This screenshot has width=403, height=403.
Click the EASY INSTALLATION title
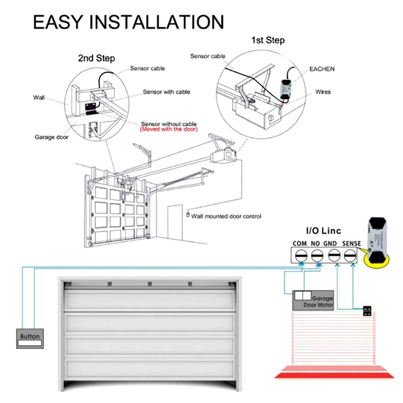pyautogui.click(x=128, y=23)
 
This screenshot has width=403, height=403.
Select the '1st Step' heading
pyautogui.click(x=267, y=40)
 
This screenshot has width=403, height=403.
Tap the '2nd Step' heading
pyautogui.click(x=96, y=58)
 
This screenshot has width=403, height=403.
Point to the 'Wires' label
pyautogui.click(x=323, y=92)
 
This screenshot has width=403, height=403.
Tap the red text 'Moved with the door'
pyautogui.click(x=169, y=129)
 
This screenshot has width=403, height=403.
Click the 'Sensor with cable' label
pyautogui.click(x=167, y=92)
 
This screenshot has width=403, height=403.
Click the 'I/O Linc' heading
pyautogui.click(x=324, y=231)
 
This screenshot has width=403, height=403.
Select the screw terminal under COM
pyautogui.click(x=301, y=256)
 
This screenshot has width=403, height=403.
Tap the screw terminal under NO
pyautogui.click(x=316, y=256)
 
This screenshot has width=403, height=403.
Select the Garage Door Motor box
pyautogui.click(x=312, y=301)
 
